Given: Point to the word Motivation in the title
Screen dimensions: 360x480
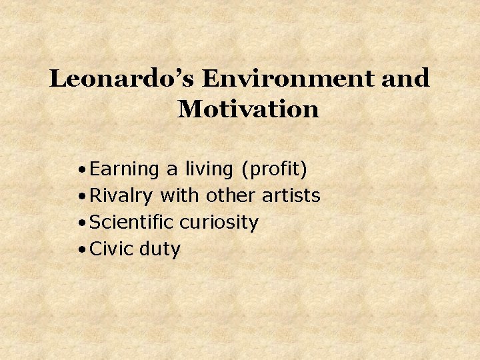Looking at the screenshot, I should [x=248, y=109].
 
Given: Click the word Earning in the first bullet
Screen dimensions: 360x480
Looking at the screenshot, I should [x=125, y=170].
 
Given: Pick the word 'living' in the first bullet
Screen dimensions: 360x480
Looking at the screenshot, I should [x=210, y=170].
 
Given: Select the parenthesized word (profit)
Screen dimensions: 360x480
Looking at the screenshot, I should [x=275, y=170].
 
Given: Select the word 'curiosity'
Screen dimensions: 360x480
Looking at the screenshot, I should [x=219, y=223].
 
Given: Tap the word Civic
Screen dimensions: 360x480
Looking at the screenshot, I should [x=111, y=249].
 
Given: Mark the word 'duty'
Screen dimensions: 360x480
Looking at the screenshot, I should [x=160, y=249].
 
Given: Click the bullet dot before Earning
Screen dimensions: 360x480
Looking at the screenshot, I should [x=80, y=171].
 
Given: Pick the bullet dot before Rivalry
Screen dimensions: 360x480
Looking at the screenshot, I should [x=80, y=197].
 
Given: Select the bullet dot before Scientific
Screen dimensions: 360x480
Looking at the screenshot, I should [x=80, y=224].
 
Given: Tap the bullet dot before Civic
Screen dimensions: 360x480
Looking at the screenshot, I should [x=80, y=251].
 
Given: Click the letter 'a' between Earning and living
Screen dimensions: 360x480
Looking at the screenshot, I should [x=172, y=171].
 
